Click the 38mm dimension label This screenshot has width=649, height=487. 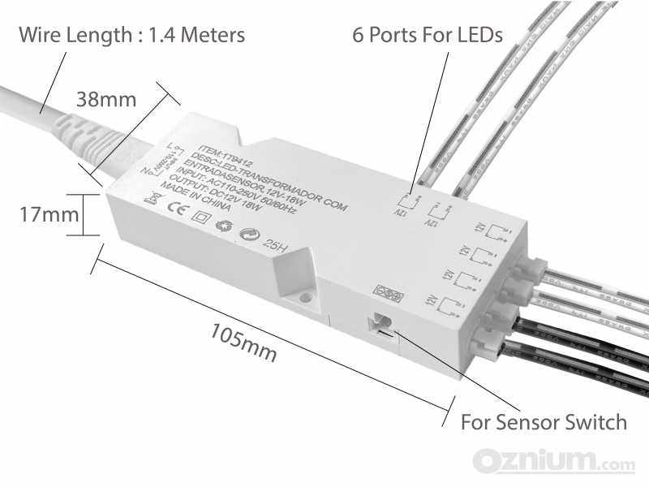pyautogui.click(x=105, y=100)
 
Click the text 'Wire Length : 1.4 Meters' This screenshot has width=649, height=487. pyautogui.click(x=131, y=36)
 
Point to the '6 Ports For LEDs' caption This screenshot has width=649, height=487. pyautogui.click(x=427, y=36)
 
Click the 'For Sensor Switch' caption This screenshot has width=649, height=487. pyautogui.click(x=544, y=422)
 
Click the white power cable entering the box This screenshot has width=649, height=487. pyautogui.click(x=32, y=101)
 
